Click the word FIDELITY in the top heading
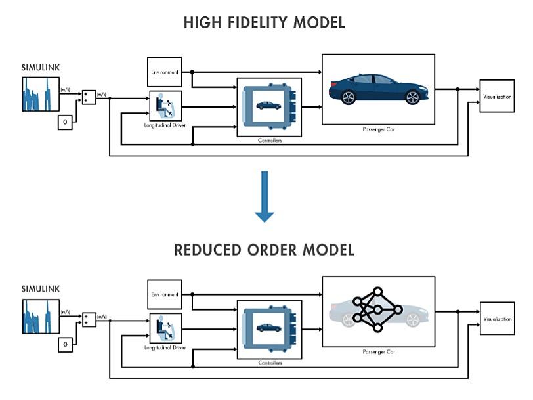pos(257,23)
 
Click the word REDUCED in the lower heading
pos(209,250)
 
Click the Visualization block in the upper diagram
pos(497,96)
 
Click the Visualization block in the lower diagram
pos(497,319)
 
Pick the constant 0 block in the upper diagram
pos(65,122)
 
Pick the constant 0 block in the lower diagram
pos(65,344)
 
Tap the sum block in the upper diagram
pos(89,97)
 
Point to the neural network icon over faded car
pos(377,309)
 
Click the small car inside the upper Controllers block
pos(268,105)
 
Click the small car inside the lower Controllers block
pos(268,327)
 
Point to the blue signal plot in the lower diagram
pos(41,317)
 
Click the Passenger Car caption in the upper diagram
pos(378,129)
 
